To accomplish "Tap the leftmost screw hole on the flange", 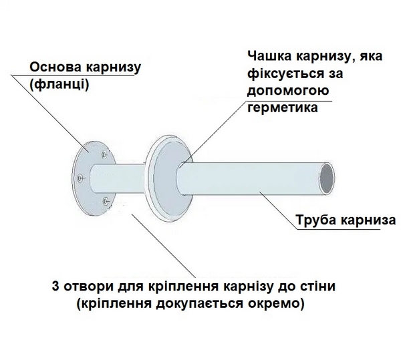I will click(x=80, y=177).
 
